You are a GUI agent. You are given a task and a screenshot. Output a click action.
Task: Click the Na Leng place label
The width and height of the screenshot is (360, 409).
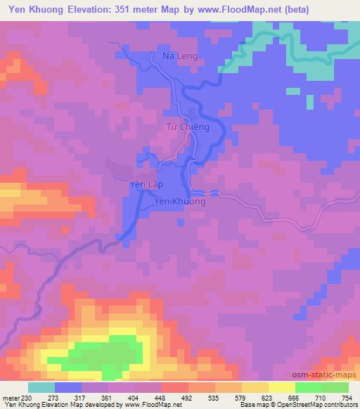coord(179,56)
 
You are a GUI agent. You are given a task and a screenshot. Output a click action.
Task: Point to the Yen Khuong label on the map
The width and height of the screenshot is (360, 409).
coord(180,202)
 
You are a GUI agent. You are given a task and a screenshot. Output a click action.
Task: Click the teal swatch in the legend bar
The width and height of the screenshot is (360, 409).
coord(41,387)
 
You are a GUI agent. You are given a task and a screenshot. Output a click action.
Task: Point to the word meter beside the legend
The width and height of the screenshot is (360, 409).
coord(10,397)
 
